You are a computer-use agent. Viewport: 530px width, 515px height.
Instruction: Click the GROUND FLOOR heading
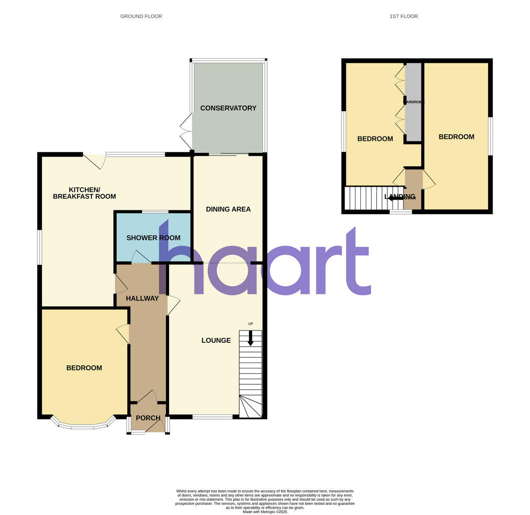pyautogui.click(x=141, y=16)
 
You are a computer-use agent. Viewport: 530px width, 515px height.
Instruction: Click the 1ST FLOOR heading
pyautogui.click(x=403, y=16)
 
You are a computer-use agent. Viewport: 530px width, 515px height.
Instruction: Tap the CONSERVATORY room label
pyautogui.click(x=228, y=108)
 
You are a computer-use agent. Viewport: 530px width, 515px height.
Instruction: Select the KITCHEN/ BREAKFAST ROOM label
pyautogui.click(x=84, y=193)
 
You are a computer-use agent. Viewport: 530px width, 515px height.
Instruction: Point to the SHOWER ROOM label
pyautogui.click(x=153, y=238)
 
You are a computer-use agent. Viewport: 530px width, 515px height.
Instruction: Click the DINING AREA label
pyautogui.click(x=228, y=209)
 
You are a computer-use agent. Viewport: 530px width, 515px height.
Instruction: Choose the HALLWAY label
pyautogui.click(x=142, y=299)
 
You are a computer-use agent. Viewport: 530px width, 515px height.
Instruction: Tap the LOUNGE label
pyautogui.click(x=216, y=341)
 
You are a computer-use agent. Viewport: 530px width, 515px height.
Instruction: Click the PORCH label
pyautogui.click(x=148, y=418)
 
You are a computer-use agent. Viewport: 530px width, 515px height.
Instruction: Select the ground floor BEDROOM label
pyautogui.click(x=84, y=368)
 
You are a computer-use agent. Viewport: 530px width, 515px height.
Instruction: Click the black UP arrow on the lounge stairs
pyautogui.click(x=250, y=338)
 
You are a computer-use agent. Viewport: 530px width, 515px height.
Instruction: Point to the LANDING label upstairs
pyautogui.click(x=400, y=197)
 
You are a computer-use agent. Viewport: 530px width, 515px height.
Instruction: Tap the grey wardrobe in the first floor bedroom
pyautogui.click(x=413, y=102)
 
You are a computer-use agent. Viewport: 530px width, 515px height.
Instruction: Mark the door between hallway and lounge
pyautogui.click(x=173, y=305)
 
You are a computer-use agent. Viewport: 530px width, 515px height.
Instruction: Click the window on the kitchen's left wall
pyautogui.click(x=39, y=247)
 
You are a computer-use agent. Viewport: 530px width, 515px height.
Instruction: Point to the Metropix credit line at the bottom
pyautogui.click(x=265, y=512)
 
